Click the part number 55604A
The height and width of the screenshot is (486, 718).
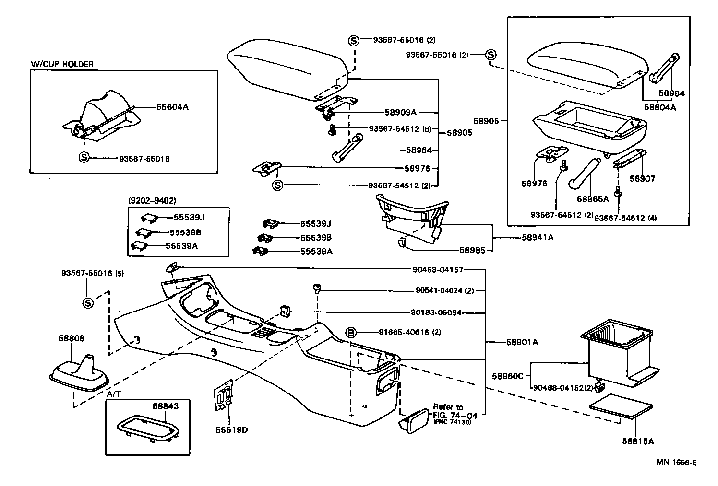point(172,107)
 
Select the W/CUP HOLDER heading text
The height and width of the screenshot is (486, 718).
point(62,64)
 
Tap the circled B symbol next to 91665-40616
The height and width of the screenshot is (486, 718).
point(351,332)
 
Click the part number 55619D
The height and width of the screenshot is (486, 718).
point(231,429)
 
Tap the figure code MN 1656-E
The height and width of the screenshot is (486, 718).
point(677,463)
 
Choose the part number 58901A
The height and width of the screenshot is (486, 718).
point(522,342)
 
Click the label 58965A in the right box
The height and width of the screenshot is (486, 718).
point(593,198)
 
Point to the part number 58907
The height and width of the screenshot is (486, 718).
point(642,179)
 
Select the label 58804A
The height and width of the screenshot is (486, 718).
point(660,107)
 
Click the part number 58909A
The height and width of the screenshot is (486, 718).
point(401,113)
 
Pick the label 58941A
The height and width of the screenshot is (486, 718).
point(538,237)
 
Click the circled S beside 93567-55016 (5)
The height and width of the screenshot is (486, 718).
point(87,302)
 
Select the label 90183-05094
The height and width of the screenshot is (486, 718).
point(436,312)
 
